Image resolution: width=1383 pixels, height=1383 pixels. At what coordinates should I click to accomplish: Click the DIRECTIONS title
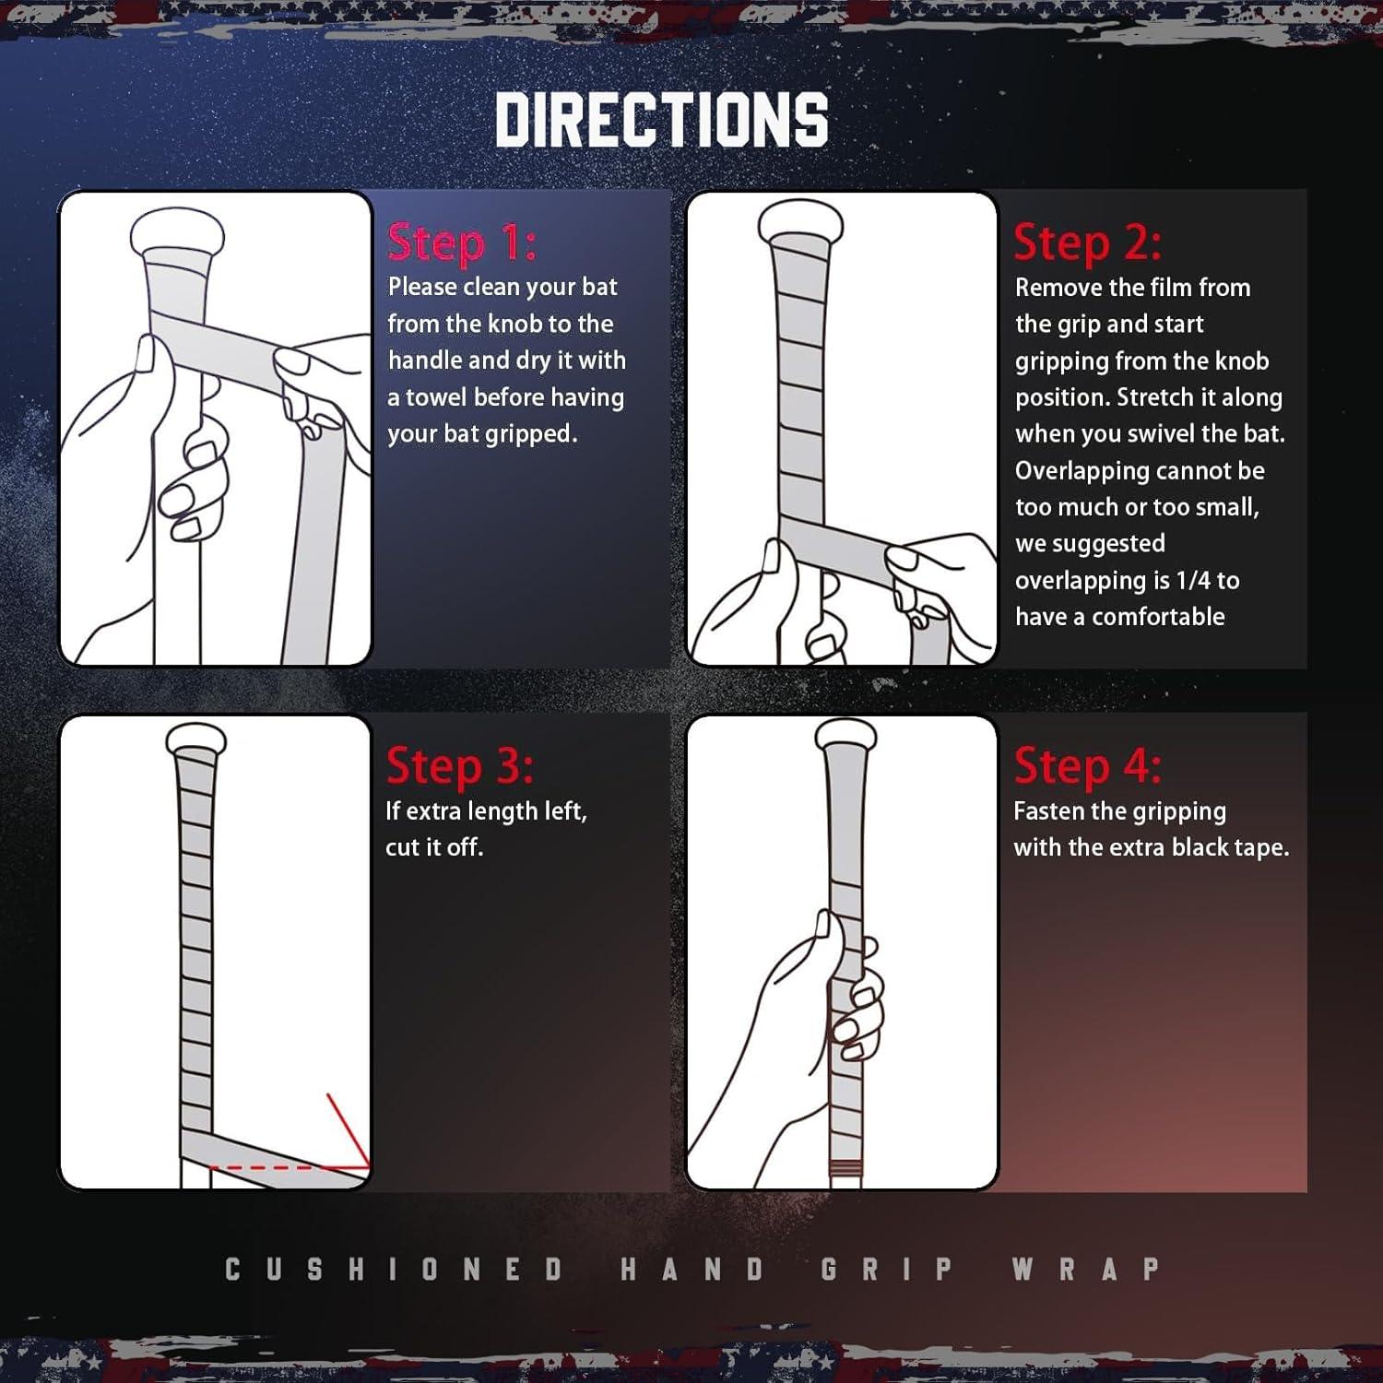tap(662, 119)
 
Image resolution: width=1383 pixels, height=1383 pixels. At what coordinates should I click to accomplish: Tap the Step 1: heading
tap(462, 242)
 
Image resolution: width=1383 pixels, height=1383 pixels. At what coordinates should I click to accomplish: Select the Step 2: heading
tap(1088, 242)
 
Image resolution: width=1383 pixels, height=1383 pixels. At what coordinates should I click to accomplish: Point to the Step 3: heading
tap(460, 765)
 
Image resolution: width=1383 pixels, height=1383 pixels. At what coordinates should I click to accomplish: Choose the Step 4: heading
tap(1088, 765)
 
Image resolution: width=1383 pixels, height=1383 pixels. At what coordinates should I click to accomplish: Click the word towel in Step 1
tap(439, 397)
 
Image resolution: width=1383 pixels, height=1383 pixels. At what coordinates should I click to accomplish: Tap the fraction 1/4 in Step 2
tap(1193, 580)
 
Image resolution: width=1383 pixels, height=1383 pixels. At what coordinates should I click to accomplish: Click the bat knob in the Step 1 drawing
tap(178, 234)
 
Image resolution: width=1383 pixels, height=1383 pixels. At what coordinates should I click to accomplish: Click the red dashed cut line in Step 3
tap(289, 1167)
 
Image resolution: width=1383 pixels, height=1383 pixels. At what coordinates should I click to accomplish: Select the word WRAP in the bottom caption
tap(1086, 1269)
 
